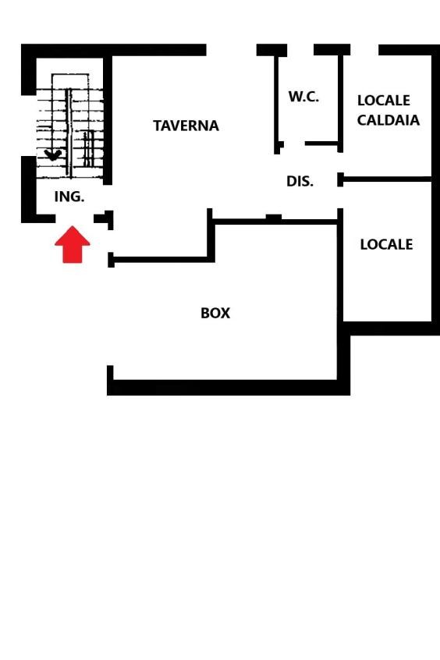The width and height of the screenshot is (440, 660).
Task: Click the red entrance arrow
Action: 73,245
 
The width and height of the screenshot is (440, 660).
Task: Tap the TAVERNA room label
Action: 186,126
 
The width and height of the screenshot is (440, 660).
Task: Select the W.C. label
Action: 303,97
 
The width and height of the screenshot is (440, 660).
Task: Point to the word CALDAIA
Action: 389,120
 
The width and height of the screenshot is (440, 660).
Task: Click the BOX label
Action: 215,313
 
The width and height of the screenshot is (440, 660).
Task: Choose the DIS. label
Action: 300,182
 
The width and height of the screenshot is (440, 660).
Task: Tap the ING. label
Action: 69,197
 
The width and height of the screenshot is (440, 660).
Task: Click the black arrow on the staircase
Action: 53,155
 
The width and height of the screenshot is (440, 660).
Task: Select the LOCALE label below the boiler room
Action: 386,244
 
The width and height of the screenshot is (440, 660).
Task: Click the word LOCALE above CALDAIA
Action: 384,101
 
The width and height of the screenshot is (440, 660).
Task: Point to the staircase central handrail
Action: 69,133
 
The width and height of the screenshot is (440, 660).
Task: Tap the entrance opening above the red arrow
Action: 75,218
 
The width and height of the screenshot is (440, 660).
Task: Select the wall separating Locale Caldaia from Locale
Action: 385,179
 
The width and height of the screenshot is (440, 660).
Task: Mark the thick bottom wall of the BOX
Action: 229,387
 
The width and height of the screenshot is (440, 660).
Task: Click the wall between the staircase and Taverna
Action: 108,120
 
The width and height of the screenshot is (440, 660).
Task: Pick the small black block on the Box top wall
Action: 274,218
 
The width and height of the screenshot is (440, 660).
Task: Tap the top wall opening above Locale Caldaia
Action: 364,50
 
